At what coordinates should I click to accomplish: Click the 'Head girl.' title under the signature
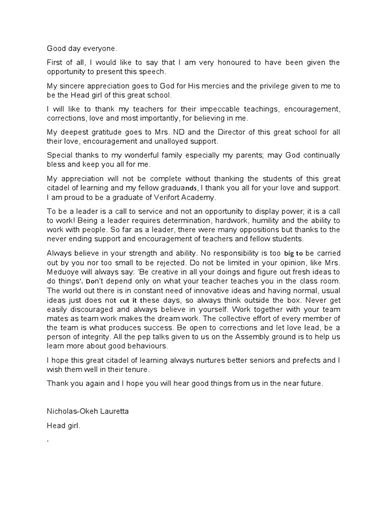coord(64,426)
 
